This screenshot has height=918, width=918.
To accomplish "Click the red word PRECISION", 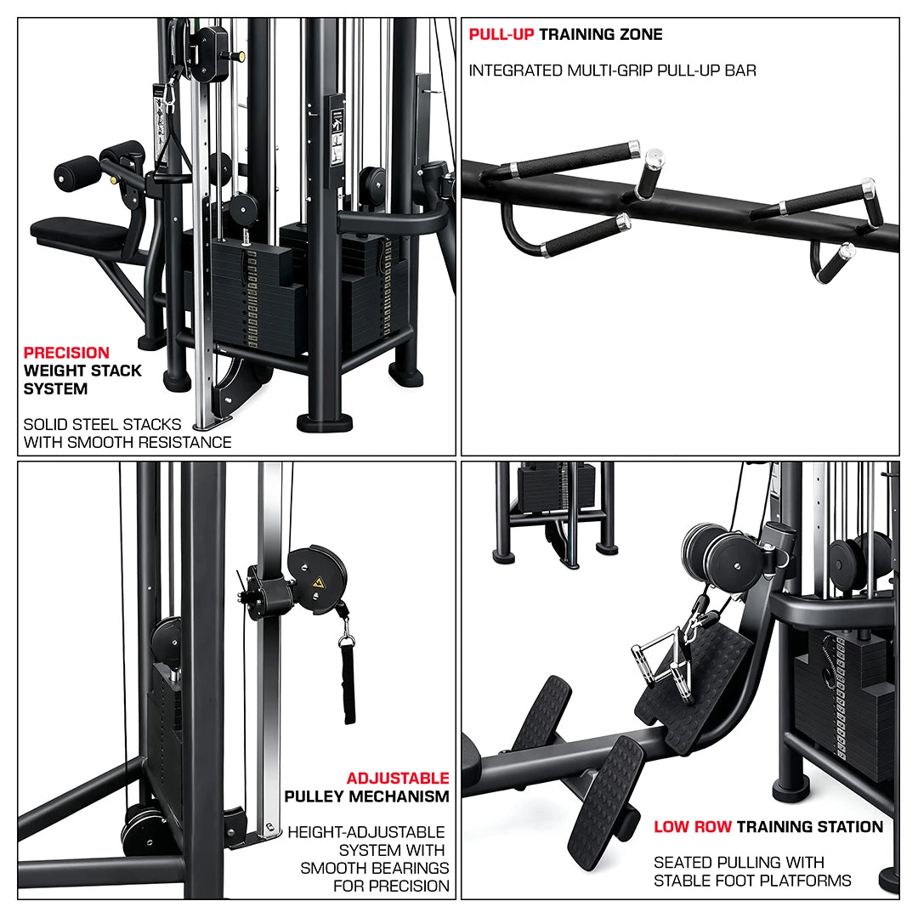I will (x=66, y=353).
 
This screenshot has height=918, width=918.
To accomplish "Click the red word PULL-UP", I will (x=501, y=35).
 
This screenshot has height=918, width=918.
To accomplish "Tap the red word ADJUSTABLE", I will (x=398, y=779).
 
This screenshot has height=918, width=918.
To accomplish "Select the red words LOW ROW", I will (x=692, y=827).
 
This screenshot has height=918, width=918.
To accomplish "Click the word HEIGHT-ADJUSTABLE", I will (x=366, y=832).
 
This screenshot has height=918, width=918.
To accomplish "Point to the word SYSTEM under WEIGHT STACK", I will (x=55, y=389).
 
